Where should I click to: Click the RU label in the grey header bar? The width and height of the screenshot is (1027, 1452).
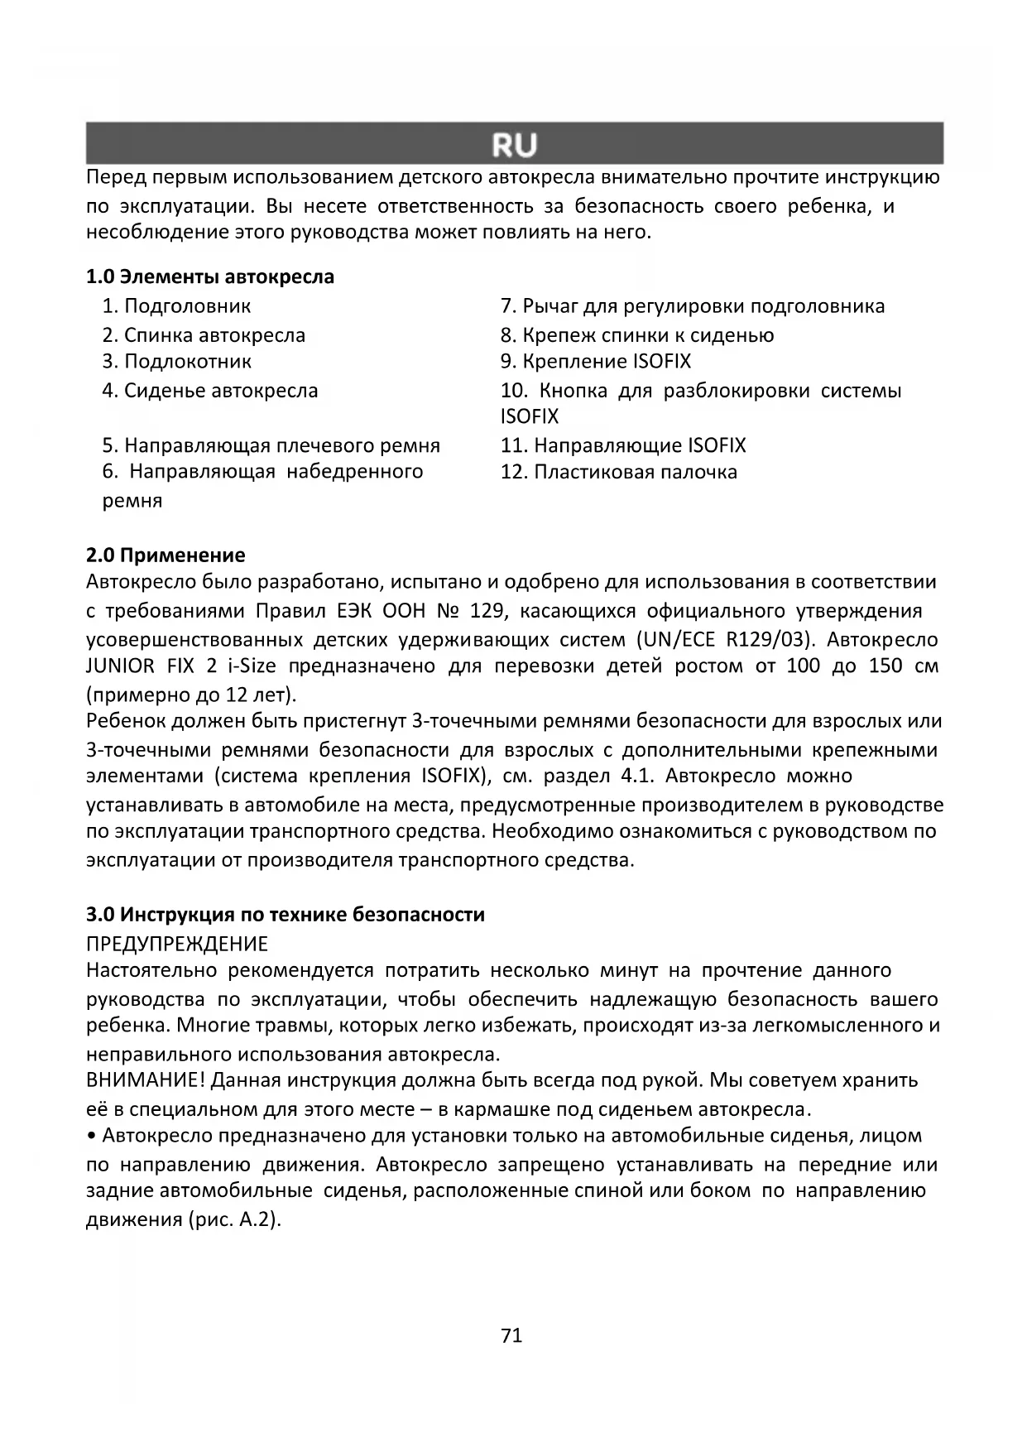click(x=514, y=145)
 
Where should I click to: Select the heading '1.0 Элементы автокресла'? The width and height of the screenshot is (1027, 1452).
click(x=210, y=276)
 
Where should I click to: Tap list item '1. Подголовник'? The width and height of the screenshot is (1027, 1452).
click(x=176, y=306)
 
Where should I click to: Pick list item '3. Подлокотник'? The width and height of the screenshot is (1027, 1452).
click(x=177, y=361)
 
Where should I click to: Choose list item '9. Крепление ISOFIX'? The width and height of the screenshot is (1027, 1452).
click(x=596, y=361)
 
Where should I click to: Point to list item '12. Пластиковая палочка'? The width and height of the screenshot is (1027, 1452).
click(x=619, y=472)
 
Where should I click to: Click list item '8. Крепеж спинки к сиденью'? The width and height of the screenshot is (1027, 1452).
click(x=637, y=335)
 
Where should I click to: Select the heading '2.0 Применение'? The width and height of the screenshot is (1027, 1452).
click(x=166, y=555)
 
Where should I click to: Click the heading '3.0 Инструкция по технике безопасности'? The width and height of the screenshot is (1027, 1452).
click(x=286, y=915)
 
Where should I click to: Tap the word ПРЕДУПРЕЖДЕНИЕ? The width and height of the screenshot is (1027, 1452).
click(x=177, y=945)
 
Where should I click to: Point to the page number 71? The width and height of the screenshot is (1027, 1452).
click(x=512, y=1335)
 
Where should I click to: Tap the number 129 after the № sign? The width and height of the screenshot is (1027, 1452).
click(x=487, y=612)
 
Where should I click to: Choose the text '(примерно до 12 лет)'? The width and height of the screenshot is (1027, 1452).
click(x=191, y=694)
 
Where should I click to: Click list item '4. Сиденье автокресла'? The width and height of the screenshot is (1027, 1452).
click(x=210, y=391)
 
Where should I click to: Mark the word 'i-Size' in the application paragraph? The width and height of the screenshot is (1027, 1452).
click(x=249, y=666)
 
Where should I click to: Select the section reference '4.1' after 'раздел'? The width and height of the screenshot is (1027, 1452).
click(x=637, y=776)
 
